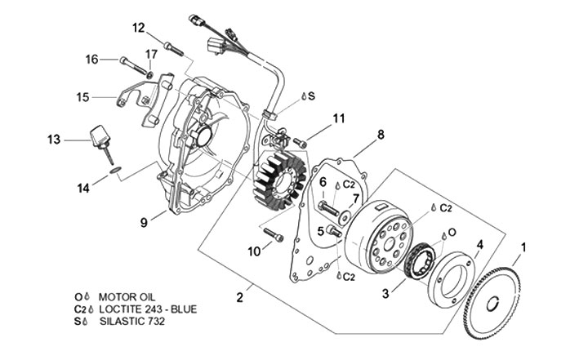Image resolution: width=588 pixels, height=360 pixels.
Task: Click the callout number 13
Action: point(54,140)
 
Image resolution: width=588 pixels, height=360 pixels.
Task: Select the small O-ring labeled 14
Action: point(115,171)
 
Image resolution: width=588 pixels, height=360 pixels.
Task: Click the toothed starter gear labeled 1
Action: point(492,300)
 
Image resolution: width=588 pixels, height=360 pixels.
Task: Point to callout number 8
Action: point(381,134)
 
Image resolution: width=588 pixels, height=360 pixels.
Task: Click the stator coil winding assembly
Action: point(279,179)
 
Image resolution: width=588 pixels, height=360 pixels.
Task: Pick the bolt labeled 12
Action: point(174,50)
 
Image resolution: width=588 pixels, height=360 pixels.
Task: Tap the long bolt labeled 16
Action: point(133,66)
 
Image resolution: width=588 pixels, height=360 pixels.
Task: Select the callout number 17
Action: point(152,55)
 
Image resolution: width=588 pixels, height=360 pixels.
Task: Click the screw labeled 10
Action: point(274,234)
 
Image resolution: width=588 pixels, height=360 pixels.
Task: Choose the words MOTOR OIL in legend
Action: point(127,297)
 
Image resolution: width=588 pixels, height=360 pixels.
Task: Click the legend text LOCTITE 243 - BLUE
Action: point(148,309)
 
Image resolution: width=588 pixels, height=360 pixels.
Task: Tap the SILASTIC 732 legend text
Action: point(132,322)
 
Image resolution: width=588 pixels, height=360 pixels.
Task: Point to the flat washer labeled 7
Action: point(345,217)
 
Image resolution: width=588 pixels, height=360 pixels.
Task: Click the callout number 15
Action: point(82,97)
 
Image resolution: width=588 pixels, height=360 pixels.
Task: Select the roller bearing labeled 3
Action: point(421,260)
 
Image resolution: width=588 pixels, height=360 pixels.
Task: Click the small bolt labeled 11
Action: point(300,143)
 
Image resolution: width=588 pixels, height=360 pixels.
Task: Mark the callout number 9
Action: point(144,222)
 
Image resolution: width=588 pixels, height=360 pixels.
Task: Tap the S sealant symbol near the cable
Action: point(308,96)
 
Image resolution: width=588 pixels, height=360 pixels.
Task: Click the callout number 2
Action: point(240,297)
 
